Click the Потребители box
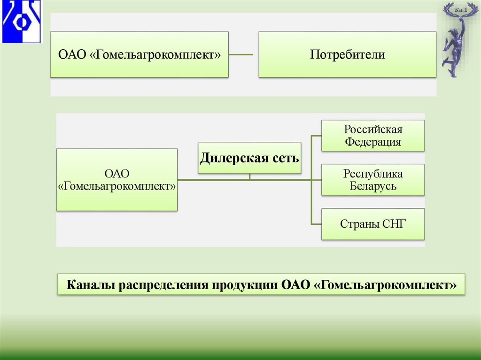347,54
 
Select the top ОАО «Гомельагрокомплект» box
139,54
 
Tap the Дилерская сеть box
249,158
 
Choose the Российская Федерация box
373,136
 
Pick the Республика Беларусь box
373,180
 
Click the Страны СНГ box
373,224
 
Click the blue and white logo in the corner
21,22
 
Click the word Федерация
373,142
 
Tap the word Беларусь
373,186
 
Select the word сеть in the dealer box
285,158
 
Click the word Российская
373,129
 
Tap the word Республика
373,174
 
